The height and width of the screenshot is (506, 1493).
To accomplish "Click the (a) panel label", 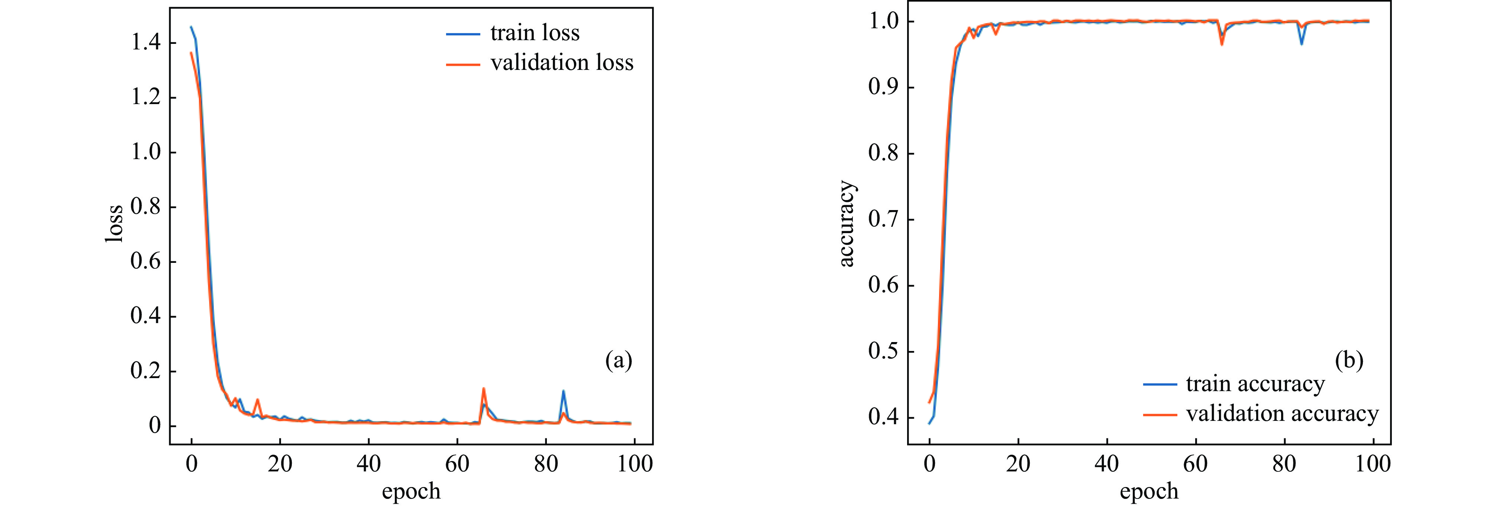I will click(x=618, y=361).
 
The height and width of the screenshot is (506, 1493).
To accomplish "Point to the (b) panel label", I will click(x=1349, y=361).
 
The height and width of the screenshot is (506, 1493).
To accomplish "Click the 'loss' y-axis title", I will click(x=115, y=224).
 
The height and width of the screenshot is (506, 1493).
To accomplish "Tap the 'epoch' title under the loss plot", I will click(x=411, y=491).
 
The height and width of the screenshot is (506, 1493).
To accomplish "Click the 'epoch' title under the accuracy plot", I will click(x=1149, y=491).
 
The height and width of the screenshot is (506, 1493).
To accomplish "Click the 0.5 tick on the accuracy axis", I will click(x=883, y=351).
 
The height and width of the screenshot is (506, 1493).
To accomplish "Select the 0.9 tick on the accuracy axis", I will click(x=883, y=87).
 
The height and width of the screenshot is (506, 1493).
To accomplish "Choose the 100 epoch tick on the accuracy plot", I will click(x=1373, y=464).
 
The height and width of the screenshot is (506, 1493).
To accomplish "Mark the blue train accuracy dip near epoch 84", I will click(x=1301, y=44).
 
